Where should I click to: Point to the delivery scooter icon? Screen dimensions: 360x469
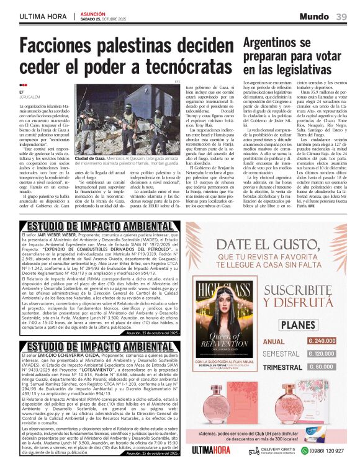pyautogui.click(x=254, y=450)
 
